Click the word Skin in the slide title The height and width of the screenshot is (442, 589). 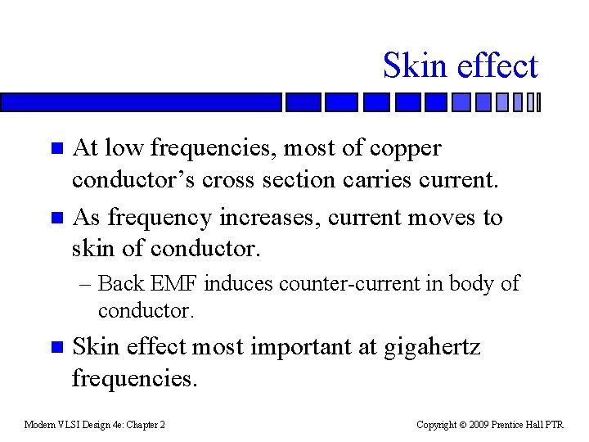(413, 65)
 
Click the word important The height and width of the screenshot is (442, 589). (298, 347)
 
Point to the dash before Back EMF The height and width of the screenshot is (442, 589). (86, 284)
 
